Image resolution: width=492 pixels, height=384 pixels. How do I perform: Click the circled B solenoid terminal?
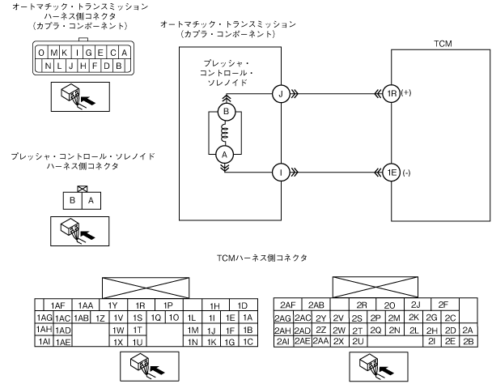click(227, 111)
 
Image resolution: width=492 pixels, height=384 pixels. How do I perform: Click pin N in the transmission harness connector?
click(49, 65)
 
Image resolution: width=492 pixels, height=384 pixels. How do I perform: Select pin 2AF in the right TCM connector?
click(286, 305)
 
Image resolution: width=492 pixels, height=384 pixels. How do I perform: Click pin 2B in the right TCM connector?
click(469, 342)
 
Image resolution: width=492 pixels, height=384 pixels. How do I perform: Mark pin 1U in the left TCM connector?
click(138, 342)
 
